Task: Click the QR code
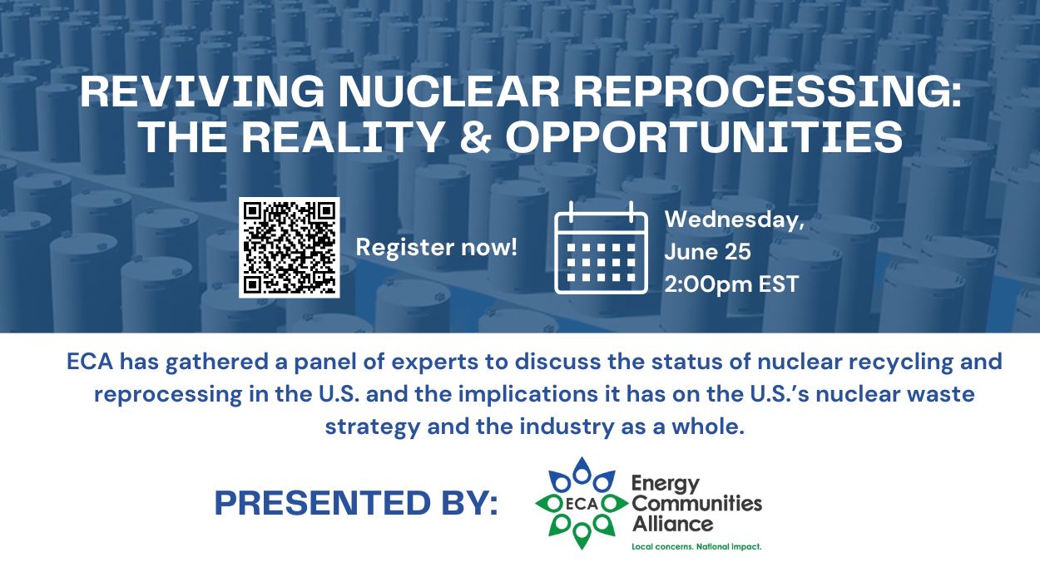(290, 247)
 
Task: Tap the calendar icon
(601, 248)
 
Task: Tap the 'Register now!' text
(436, 247)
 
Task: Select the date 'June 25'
(707, 252)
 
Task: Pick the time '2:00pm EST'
(731, 284)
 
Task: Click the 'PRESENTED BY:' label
(356, 503)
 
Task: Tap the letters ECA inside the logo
(582, 504)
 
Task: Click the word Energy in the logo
(666, 485)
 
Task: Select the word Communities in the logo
(697, 503)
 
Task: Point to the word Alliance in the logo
(672, 524)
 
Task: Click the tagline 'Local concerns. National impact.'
(696, 547)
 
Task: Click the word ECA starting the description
(90, 362)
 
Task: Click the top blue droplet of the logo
(582, 470)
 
